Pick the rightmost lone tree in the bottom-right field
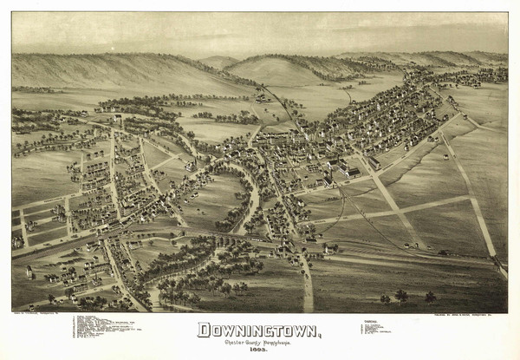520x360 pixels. (x=430, y=297)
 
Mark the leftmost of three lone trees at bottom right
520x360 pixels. (x=386, y=299)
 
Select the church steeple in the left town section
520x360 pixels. (x=117, y=117)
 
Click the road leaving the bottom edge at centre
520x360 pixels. (x=308, y=299)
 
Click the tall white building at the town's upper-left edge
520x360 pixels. (x=117, y=118)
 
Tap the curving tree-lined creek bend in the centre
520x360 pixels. (x=251, y=187)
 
